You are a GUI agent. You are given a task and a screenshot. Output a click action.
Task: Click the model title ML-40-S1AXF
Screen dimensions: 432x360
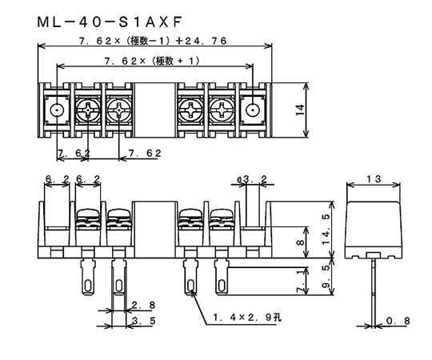click(110, 22)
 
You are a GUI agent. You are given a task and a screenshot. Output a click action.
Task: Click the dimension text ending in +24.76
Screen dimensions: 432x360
click(153, 41)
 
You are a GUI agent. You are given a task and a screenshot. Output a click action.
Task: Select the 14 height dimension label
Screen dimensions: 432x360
click(300, 110)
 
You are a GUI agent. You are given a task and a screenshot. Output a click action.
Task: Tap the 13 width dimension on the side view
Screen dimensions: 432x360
click(374, 179)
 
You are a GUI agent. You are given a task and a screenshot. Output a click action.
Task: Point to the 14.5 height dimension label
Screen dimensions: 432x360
click(326, 229)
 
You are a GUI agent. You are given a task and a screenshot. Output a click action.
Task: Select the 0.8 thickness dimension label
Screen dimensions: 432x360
click(398, 321)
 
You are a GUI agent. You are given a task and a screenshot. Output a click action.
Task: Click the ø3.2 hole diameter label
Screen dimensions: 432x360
click(252, 179)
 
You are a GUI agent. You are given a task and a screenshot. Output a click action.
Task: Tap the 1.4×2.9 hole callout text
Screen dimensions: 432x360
click(247, 318)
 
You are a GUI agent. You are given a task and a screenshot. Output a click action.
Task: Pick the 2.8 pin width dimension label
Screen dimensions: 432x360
click(143, 305)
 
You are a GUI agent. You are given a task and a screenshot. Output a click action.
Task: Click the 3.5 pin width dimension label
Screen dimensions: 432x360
click(143, 321)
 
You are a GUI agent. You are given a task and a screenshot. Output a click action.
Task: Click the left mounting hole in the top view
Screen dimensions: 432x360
click(57, 110)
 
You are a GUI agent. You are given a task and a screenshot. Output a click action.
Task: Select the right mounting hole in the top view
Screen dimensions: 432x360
click(252, 110)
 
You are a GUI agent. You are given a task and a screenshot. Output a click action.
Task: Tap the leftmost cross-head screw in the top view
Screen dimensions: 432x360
click(88, 110)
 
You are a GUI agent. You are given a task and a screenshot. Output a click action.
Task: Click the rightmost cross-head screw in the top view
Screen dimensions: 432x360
click(222, 110)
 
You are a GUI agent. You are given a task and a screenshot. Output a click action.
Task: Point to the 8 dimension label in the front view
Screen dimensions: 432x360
click(301, 242)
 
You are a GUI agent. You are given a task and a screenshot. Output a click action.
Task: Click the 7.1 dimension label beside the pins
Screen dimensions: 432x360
click(301, 281)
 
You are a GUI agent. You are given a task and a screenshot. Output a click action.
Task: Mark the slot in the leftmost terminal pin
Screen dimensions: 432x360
click(88, 286)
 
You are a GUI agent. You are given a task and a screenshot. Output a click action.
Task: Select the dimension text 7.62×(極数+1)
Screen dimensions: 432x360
click(152, 61)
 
